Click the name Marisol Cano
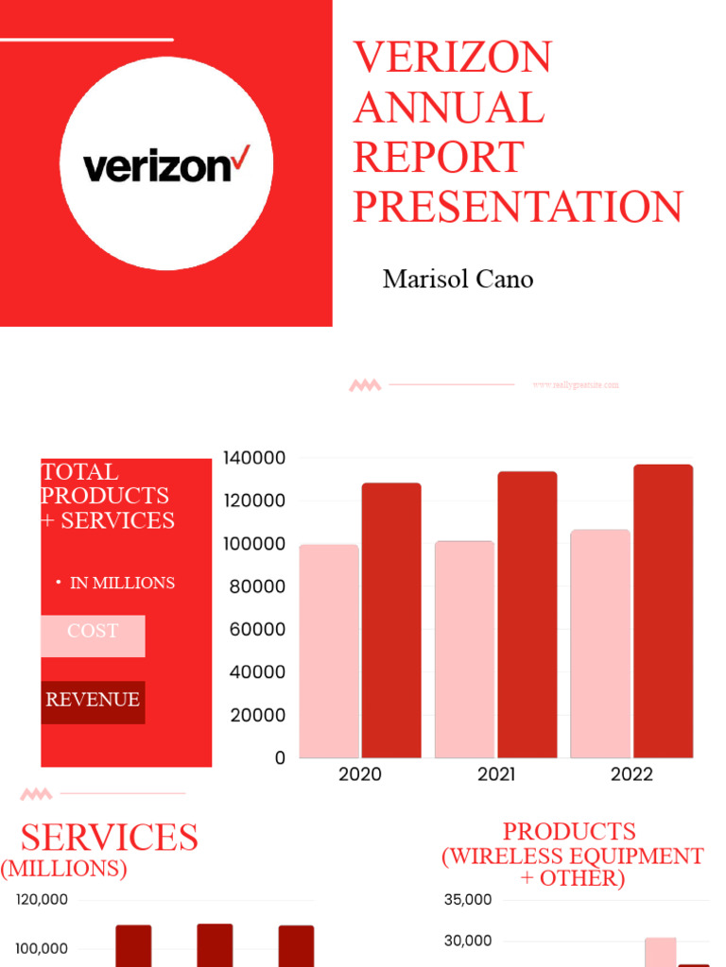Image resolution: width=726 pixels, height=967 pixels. [458, 280]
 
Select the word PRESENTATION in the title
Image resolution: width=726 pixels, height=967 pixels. [518, 207]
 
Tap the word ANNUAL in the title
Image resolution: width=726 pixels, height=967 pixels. [449, 108]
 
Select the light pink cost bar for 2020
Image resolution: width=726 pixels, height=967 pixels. [329, 652]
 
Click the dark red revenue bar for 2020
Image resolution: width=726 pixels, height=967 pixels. [391, 620]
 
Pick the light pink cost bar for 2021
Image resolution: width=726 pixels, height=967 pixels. [464, 650]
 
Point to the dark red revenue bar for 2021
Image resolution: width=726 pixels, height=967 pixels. [527, 615]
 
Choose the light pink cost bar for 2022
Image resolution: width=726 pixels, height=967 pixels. [600, 644]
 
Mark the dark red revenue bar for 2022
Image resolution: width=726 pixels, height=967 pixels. [663, 611]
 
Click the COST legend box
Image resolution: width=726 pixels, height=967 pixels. [93, 635]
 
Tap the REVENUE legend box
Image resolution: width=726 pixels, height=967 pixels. [93, 701]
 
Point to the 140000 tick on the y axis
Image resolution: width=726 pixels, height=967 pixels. [254, 458]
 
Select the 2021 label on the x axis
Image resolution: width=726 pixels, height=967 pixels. [496, 774]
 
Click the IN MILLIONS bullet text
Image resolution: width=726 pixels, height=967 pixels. [122, 583]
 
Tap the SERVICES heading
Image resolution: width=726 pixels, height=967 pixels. [110, 838]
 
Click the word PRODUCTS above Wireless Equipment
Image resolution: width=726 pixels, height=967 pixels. [569, 832]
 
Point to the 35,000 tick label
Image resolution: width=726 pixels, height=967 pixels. [468, 900]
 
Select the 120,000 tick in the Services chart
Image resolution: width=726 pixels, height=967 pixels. [43, 900]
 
